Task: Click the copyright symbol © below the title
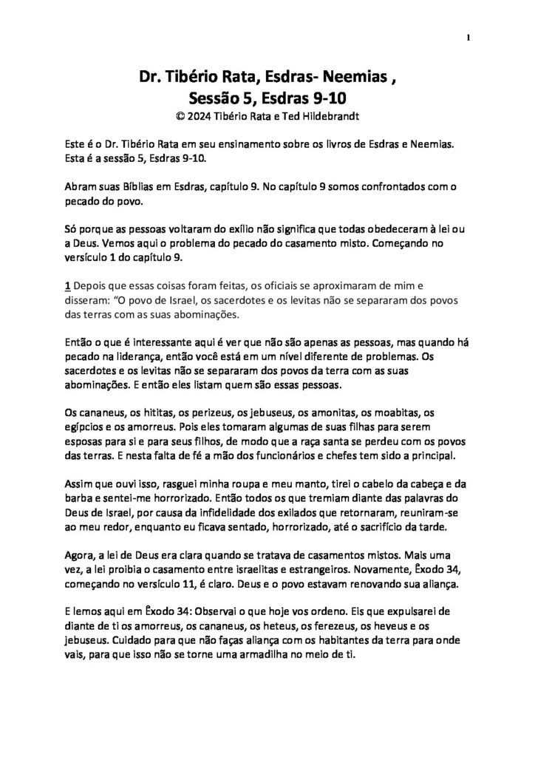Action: click(173, 116)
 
